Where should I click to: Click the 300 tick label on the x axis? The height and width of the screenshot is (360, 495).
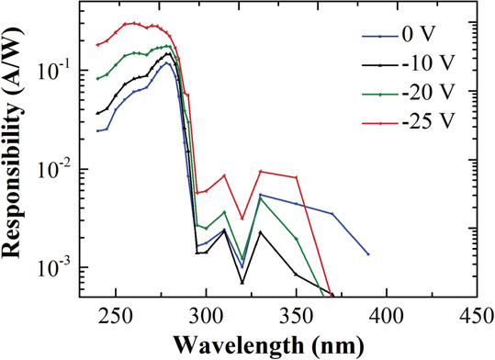click(x=206, y=313)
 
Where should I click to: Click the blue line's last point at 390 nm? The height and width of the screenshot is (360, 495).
click(x=367, y=253)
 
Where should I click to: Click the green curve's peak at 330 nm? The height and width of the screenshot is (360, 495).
click(x=260, y=198)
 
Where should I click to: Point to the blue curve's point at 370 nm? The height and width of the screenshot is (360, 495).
click(x=332, y=214)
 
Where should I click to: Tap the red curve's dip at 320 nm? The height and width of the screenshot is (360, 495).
click(x=242, y=219)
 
